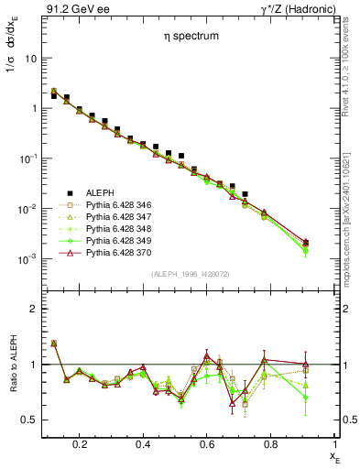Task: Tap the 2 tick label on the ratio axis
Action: (x=33, y=309)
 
